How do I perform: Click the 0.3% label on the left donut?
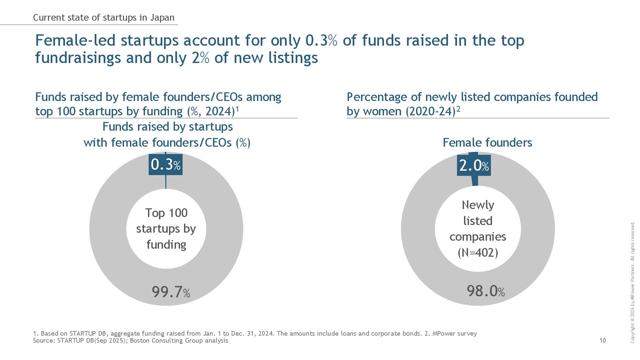pos(166,164)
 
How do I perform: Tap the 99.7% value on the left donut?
pos(171,292)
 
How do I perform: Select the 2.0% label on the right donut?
pos(474,165)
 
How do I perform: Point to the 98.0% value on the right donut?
pos(486,291)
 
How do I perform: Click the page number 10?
pos(603,340)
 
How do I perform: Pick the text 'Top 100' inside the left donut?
pos(166,213)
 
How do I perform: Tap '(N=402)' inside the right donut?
pos(478,252)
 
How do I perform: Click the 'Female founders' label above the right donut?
pos(487,143)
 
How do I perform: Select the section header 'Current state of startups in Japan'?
pos(104,18)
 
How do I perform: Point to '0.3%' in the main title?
pos(321,40)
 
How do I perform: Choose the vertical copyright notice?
pos(632,282)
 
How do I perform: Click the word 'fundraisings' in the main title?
pos(77,58)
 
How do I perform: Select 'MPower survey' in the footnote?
pos(455,333)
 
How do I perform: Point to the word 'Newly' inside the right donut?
pos(478,205)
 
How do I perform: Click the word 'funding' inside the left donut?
pos(166,244)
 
